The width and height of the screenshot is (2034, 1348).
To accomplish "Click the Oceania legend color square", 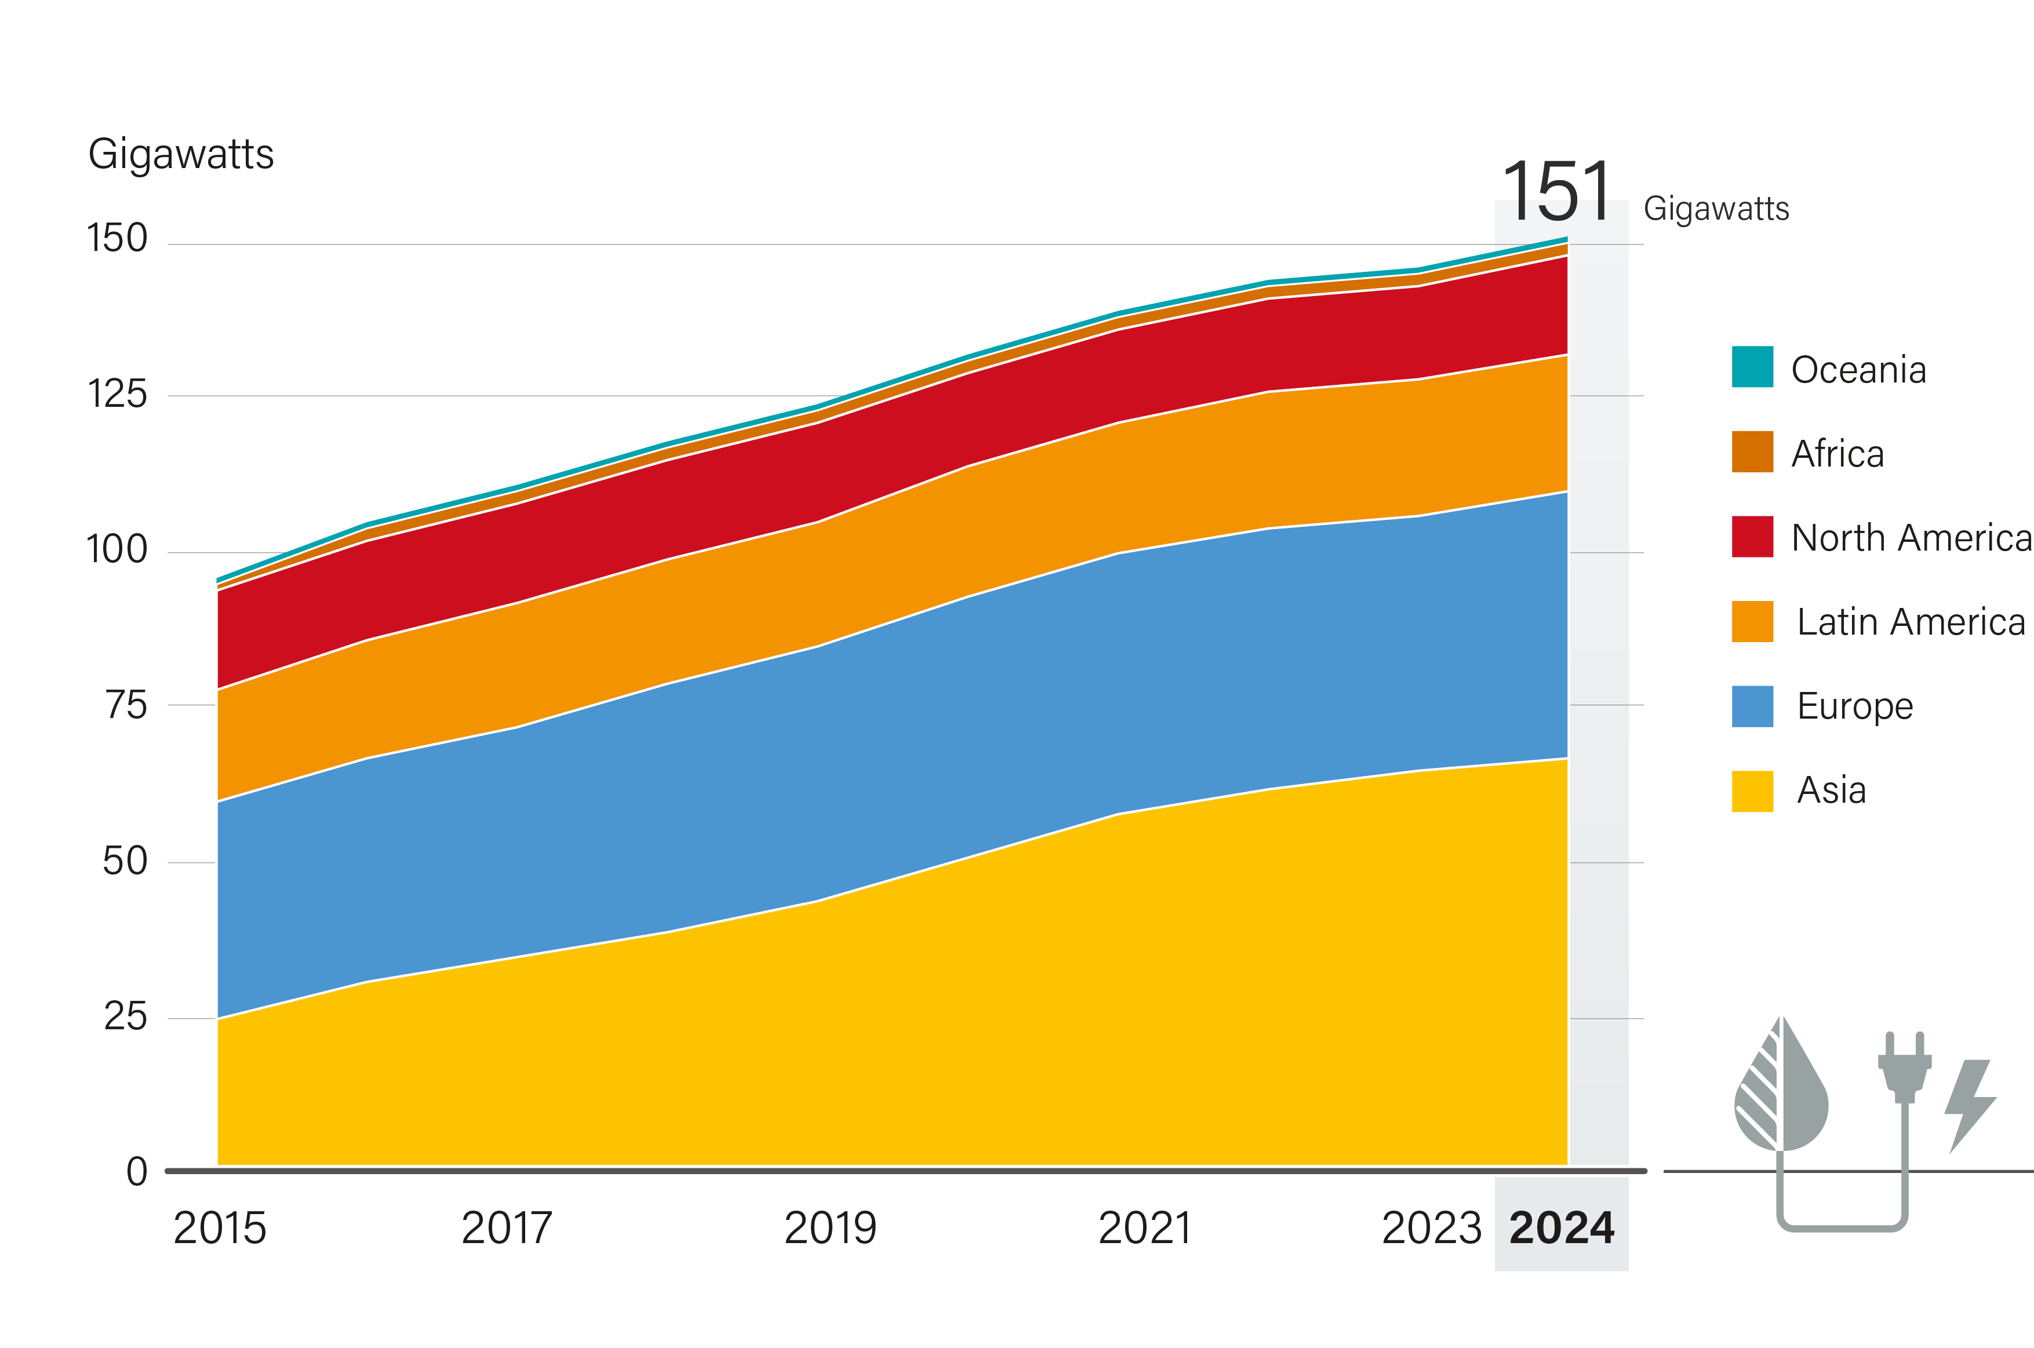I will click(1752, 367).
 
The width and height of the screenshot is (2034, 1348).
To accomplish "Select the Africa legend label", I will click(1837, 453).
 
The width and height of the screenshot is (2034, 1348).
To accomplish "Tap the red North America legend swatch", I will click(1752, 537).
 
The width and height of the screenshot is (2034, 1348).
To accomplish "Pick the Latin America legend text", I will click(1910, 622).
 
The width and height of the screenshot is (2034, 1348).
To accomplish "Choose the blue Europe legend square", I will click(1752, 706).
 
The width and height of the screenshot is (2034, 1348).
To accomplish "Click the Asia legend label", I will click(1831, 790).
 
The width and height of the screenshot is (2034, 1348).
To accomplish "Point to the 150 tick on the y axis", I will click(117, 238).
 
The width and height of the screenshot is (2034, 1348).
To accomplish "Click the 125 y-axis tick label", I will click(117, 395).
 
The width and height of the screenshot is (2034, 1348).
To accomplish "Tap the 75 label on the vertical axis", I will click(126, 706).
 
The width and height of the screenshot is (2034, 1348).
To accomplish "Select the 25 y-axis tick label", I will click(126, 1017).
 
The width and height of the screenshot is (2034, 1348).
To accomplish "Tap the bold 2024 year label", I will click(1561, 1227).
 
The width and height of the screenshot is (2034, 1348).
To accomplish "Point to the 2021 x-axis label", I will click(1144, 1227).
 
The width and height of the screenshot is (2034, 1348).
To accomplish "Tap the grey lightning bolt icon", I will click(1970, 1105).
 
